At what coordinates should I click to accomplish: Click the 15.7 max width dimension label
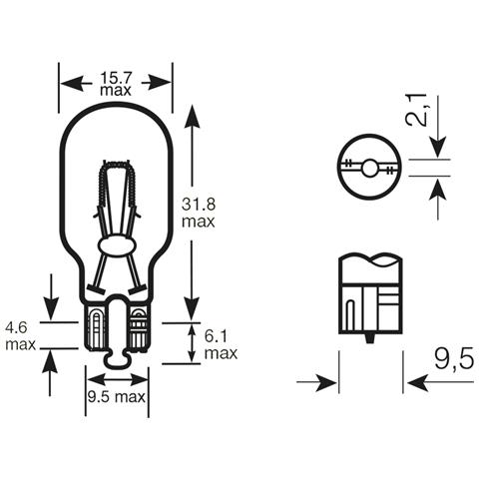(x=116, y=83)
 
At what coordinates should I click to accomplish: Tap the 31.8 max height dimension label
(x=198, y=212)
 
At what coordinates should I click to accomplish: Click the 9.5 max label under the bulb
(x=117, y=396)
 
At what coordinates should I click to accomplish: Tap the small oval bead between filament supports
(x=117, y=245)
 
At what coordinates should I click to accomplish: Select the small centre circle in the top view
(x=369, y=169)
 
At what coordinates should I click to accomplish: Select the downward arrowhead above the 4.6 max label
(x=50, y=305)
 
